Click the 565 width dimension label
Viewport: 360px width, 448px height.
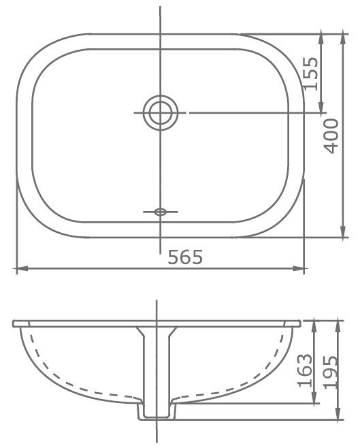tap(185, 257)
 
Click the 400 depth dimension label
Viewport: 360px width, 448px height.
tap(331, 136)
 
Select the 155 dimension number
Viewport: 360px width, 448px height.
tap(310, 74)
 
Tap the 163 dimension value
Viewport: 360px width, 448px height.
tap(305, 370)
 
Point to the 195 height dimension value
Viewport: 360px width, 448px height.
tap(330, 372)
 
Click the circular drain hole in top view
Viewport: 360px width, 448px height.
tap(160, 112)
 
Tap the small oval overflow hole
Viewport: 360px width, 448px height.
tap(160, 212)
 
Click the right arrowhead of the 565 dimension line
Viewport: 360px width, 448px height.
tap(299, 268)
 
